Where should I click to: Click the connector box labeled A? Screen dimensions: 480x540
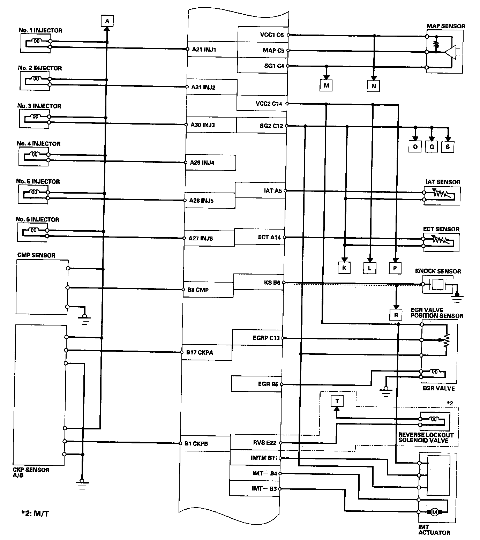(x=107, y=21)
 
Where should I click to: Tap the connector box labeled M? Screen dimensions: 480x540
(x=326, y=85)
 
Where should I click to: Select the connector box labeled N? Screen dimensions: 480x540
(x=373, y=86)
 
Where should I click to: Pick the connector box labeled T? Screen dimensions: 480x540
(x=337, y=401)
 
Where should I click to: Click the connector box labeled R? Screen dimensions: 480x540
(x=396, y=315)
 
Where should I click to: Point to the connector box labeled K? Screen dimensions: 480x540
(x=344, y=268)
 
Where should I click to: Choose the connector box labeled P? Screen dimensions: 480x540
(x=395, y=268)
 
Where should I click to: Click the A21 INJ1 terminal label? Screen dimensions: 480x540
(x=204, y=50)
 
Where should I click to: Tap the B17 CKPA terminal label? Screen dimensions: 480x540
(x=200, y=352)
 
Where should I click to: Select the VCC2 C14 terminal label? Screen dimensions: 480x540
(x=269, y=104)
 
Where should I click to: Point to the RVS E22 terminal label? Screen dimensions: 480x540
(x=265, y=443)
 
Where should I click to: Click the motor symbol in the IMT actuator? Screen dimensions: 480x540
(x=435, y=512)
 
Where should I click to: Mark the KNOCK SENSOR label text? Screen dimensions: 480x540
(x=438, y=271)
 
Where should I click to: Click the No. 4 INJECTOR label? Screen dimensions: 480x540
(x=38, y=144)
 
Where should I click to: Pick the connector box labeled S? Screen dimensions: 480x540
(x=448, y=147)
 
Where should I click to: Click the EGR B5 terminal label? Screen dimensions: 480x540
(x=268, y=384)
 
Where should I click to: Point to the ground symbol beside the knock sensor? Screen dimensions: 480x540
(x=457, y=297)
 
